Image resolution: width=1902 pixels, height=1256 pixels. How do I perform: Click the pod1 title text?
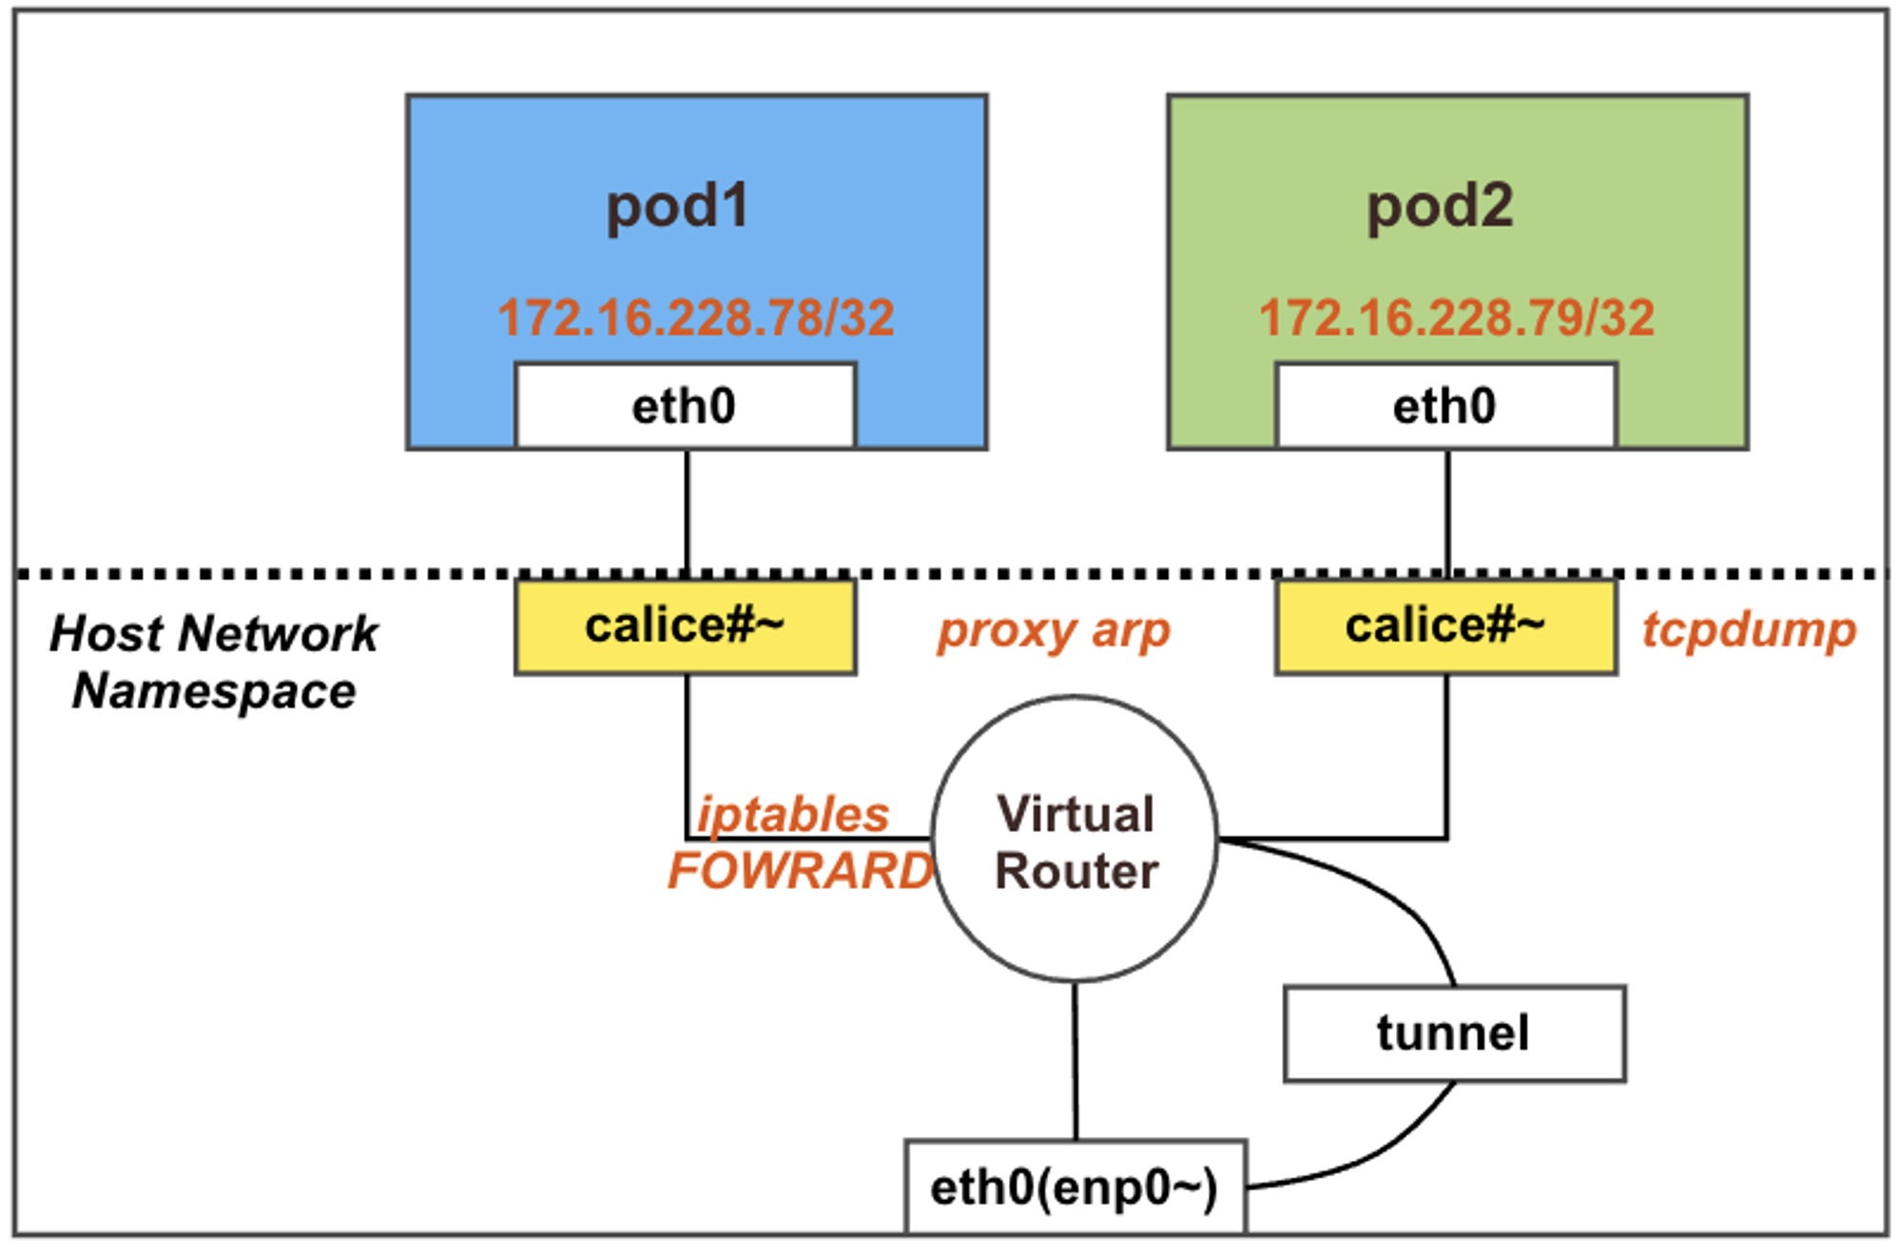[x=677, y=206]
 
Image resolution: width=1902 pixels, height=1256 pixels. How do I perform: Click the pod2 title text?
[x=1439, y=206]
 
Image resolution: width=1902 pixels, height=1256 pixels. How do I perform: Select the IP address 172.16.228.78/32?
[x=695, y=318]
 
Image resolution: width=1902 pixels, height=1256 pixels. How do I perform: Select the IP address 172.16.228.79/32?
[x=1456, y=318]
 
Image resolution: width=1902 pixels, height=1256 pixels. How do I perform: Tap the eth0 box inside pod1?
[x=685, y=406]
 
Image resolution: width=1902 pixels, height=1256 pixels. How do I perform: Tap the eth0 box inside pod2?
[x=1446, y=406]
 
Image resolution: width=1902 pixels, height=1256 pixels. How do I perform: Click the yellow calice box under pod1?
[x=685, y=627]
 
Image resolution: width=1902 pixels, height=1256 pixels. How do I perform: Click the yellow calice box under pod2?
[x=1446, y=627]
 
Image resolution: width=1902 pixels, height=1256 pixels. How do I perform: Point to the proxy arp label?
[x=1054, y=631]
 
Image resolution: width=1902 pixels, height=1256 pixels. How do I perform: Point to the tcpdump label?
[x=1749, y=631]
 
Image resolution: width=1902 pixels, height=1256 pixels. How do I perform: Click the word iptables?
[x=793, y=815]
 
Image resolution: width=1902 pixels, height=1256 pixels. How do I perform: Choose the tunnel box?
[x=1454, y=1034]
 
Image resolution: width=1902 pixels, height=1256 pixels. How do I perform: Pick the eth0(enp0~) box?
[x=1075, y=1187]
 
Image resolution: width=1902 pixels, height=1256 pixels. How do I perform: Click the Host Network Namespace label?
[x=214, y=662]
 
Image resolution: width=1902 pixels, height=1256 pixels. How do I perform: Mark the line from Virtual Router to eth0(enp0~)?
[x=1076, y=1060]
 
